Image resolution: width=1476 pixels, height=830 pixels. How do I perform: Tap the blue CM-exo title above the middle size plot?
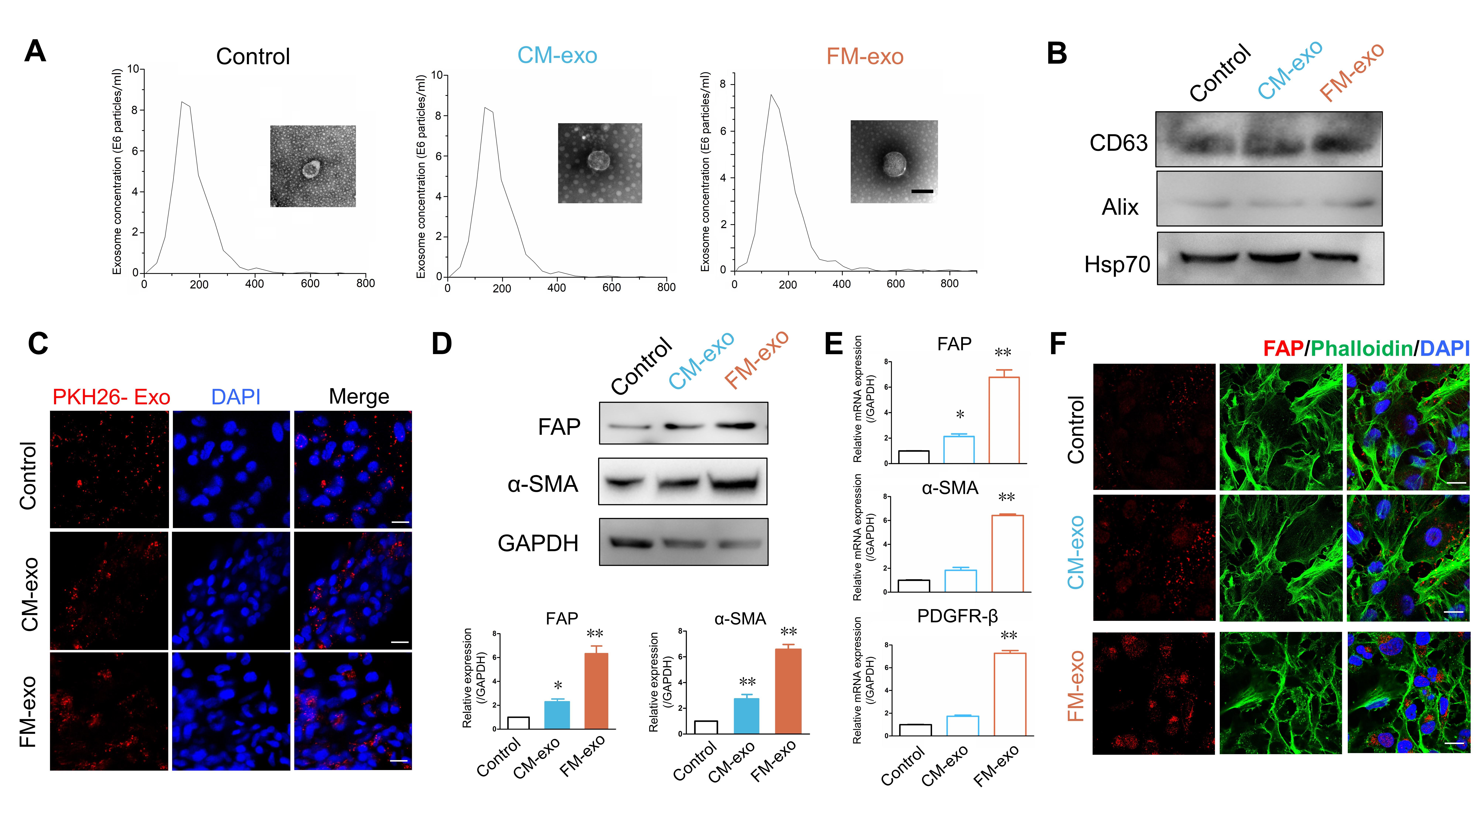557,56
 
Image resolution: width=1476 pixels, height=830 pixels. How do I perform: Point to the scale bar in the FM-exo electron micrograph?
922,191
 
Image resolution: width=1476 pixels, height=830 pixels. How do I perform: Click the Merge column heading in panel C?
359,396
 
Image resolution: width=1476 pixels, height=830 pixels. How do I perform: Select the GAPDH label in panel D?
537,543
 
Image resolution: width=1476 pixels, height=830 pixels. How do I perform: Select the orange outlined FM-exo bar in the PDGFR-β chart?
1010,694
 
